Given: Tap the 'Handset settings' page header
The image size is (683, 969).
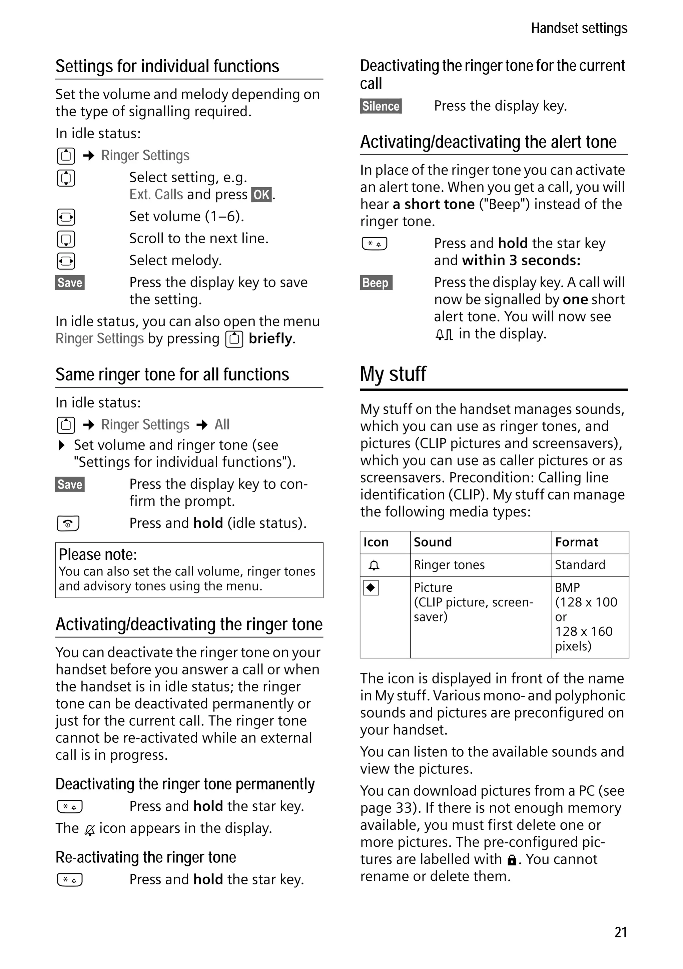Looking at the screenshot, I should [579, 28].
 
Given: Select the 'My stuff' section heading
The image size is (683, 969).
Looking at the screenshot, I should [393, 374].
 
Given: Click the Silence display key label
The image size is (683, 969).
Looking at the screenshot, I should [381, 106].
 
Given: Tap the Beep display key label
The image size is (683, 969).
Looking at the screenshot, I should [376, 282].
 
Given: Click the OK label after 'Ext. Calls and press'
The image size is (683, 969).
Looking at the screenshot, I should [261, 195].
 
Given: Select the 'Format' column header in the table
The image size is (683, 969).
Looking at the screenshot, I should [576, 542].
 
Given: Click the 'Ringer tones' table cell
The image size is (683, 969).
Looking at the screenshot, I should [449, 565].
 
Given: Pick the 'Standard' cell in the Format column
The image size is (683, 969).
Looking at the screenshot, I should [580, 565].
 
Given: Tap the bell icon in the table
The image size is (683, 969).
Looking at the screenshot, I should [374, 565].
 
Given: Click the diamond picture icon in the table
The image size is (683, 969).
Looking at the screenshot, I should [371, 587].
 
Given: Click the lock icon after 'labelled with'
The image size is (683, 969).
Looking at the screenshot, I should [512, 860].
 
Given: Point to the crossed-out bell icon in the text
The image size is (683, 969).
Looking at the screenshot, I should [90, 829].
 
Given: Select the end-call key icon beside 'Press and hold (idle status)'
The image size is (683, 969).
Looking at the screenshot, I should [68, 523].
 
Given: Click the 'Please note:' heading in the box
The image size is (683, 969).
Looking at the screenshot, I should [98, 554].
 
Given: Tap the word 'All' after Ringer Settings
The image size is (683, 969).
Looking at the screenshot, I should [222, 424].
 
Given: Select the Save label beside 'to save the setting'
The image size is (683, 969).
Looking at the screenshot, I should [70, 282].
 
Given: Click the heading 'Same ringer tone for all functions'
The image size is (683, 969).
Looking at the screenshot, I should [172, 374].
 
